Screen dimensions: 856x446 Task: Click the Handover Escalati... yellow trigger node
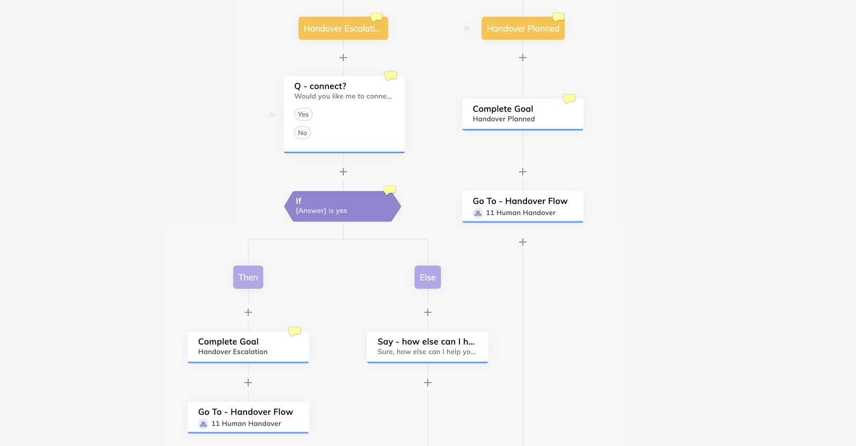[343, 29]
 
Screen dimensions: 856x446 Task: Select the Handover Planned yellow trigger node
[523, 29]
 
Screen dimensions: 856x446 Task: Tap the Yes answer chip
[303, 114]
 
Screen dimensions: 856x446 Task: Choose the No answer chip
[302, 133]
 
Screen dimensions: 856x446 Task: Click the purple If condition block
[343, 206]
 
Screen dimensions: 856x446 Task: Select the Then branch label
[248, 277]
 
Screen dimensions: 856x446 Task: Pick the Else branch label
[428, 277]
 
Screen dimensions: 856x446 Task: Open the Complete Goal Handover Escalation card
[248, 347]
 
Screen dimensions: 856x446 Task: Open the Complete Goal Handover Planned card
[522, 114]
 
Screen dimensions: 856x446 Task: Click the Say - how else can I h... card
[428, 347]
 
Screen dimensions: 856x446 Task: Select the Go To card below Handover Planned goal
[522, 207]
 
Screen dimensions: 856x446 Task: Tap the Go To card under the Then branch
[248, 417]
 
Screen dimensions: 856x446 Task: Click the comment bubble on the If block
[389, 190]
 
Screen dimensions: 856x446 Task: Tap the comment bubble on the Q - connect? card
[391, 76]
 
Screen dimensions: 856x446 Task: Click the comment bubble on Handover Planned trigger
[558, 17]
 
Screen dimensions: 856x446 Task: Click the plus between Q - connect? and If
[343, 172]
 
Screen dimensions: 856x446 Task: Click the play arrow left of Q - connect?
[272, 114]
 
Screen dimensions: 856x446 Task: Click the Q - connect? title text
[320, 86]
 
